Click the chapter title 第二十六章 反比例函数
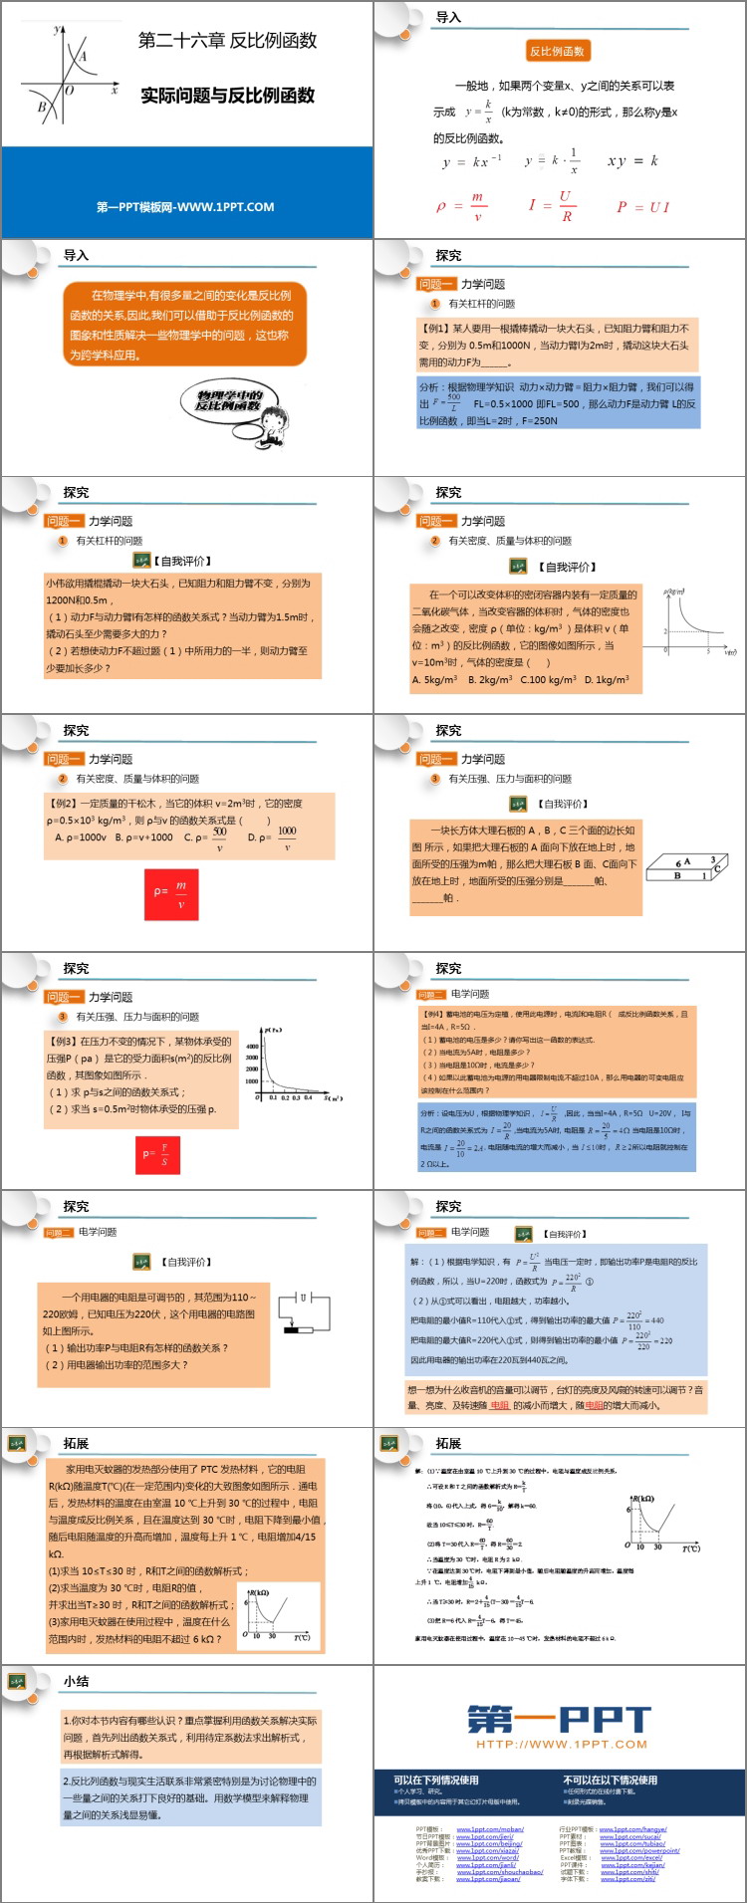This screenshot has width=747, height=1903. click(x=227, y=41)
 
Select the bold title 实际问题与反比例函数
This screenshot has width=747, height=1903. click(x=227, y=96)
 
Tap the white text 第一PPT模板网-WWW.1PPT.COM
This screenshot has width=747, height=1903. click(x=185, y=207)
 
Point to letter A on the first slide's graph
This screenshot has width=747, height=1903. click(x=83, y=57)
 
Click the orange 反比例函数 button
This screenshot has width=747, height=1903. click(x=557, y=52)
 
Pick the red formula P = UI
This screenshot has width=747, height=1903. click(x=643, y=207)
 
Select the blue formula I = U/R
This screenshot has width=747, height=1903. click(x=551, y=205)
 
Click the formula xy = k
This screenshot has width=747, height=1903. click(x=632, y=160)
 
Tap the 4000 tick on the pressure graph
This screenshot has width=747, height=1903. click(x=252, y=1047)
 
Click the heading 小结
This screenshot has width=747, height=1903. click(x=77, y=1681)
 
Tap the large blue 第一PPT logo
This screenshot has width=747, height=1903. click(x=560, y=1721)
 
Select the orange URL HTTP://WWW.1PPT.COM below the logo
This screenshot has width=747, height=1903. click(x=561, y=1744)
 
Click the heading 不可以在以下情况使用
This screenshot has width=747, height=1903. click(x=610, y=1780)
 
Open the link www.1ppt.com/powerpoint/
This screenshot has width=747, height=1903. click(x=639, y=1851)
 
